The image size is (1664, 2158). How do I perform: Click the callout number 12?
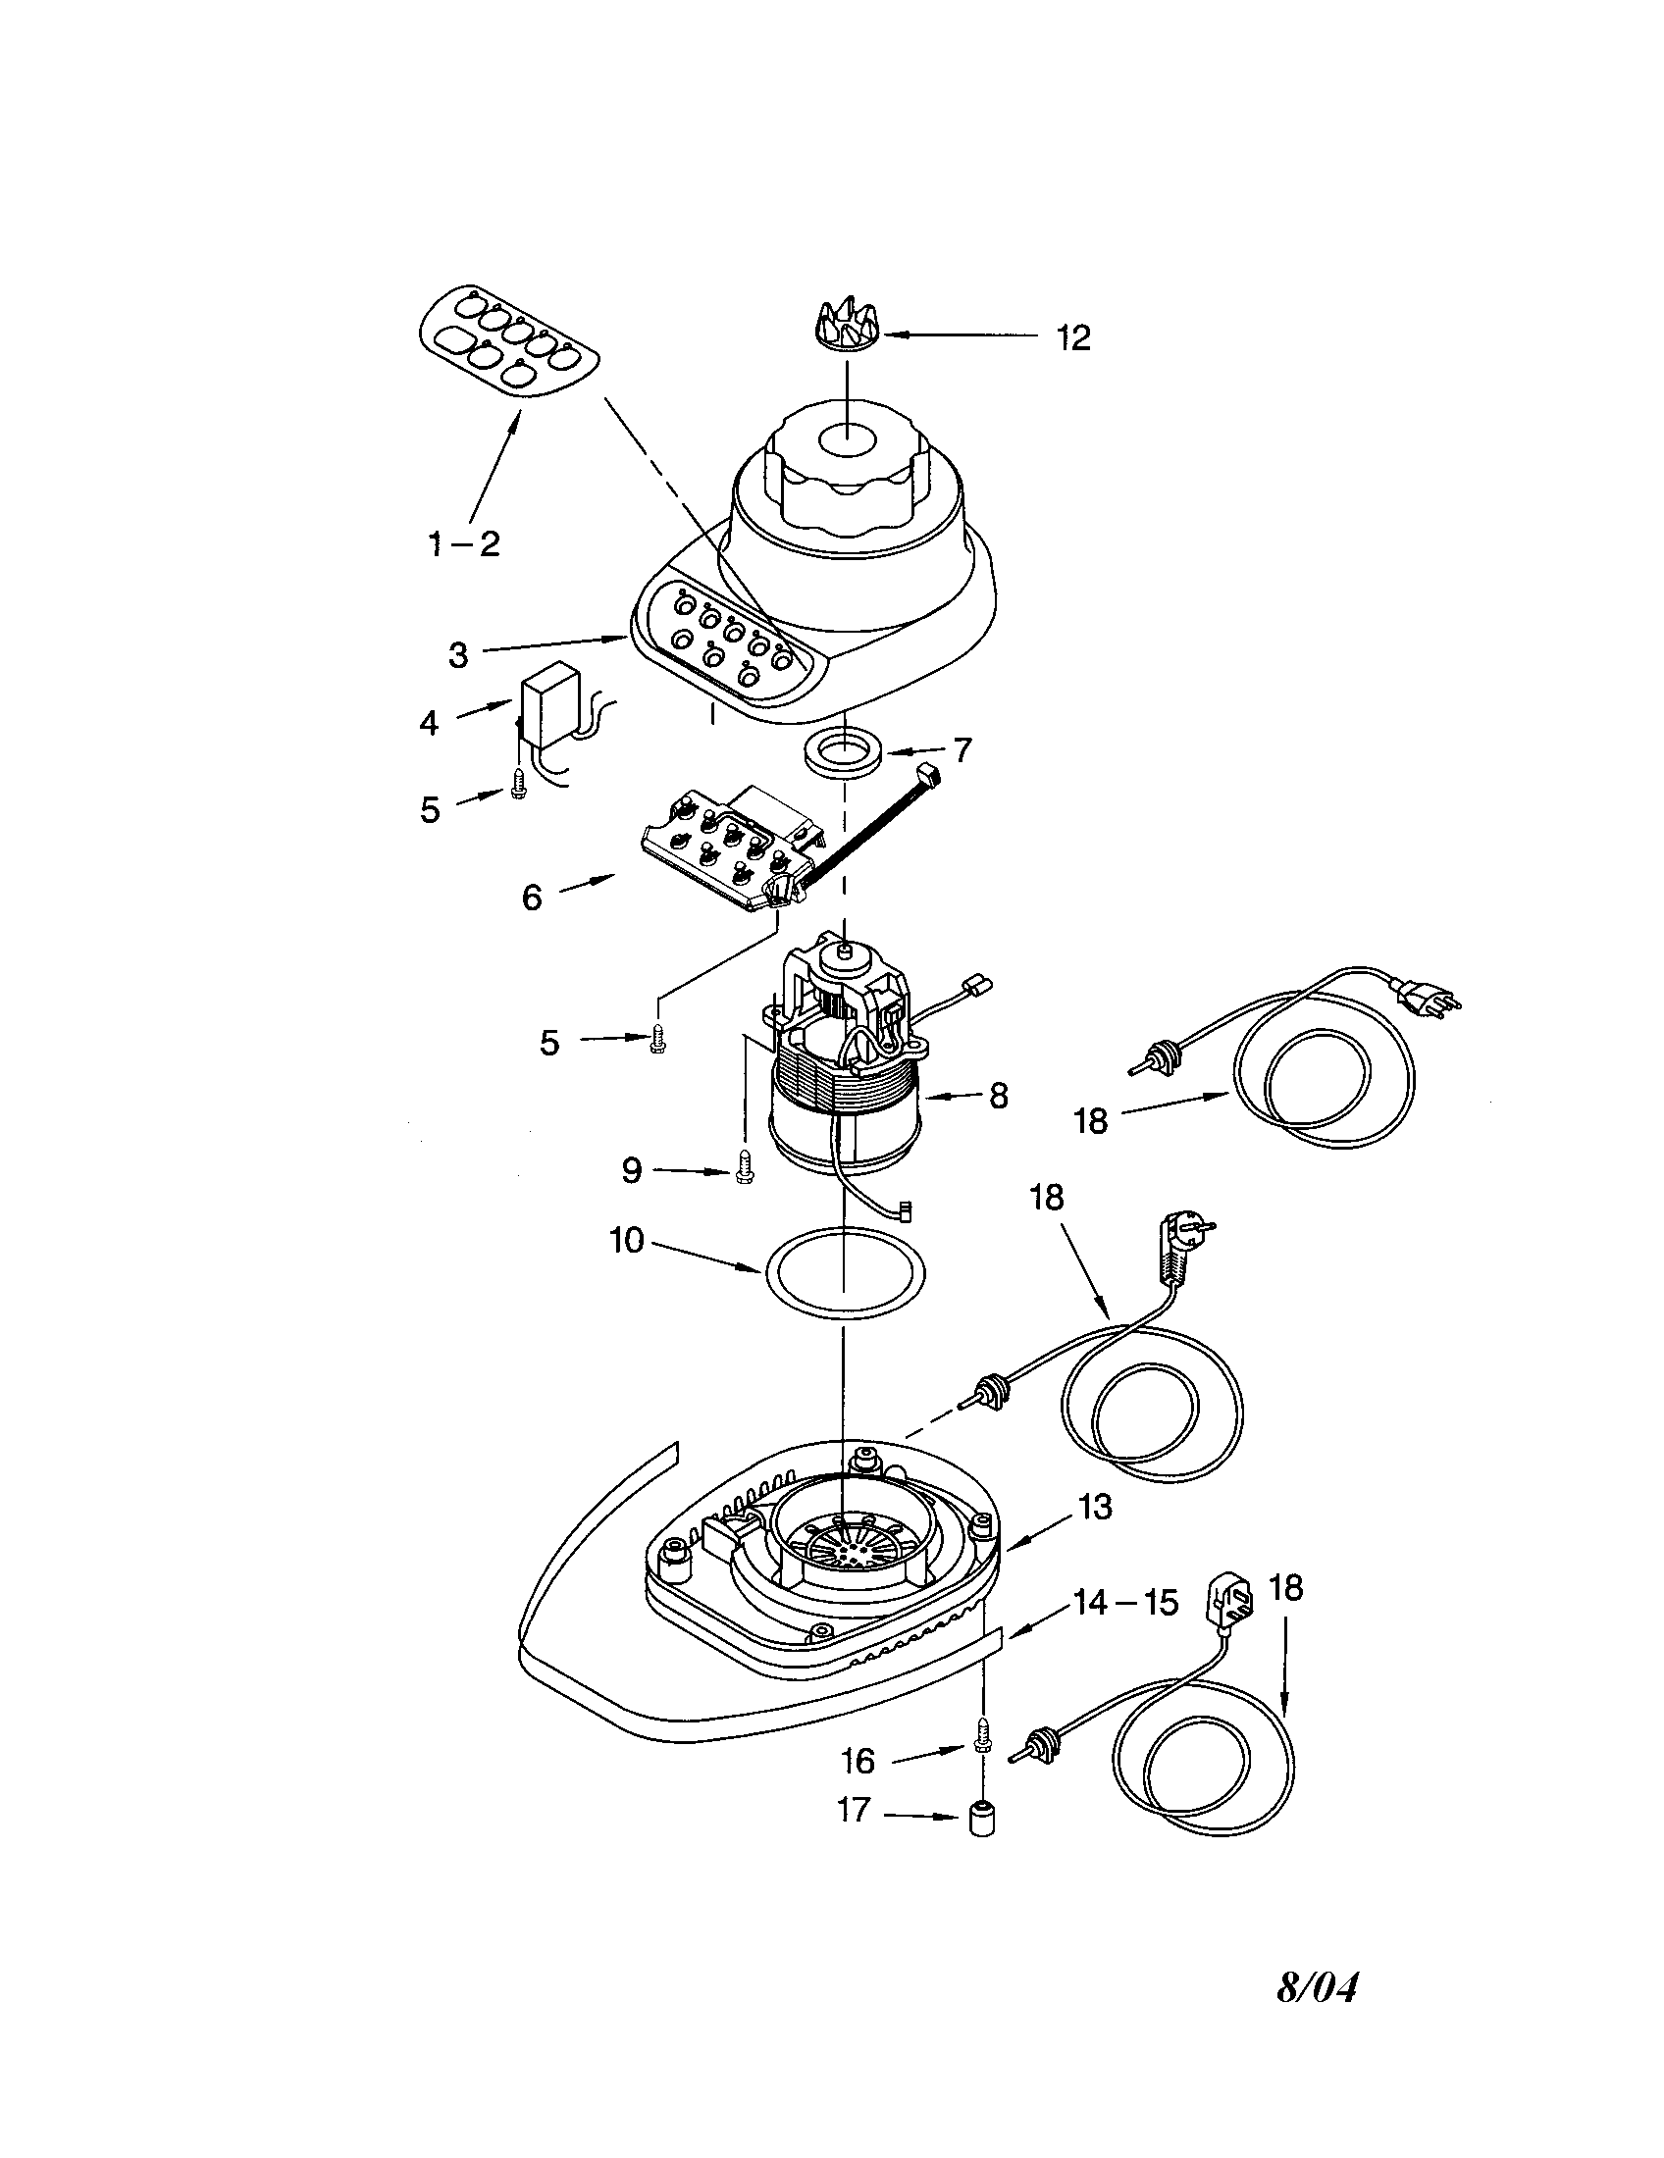tap(1073, 338)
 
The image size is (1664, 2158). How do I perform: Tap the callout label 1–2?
tap(463, 542)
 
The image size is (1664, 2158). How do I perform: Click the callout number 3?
tap(457, 654)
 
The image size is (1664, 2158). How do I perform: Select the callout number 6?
tap(532, 898)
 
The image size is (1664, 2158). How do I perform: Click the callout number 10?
tap(627, 1240)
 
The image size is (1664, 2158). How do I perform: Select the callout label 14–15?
tap(1125, 1602)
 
